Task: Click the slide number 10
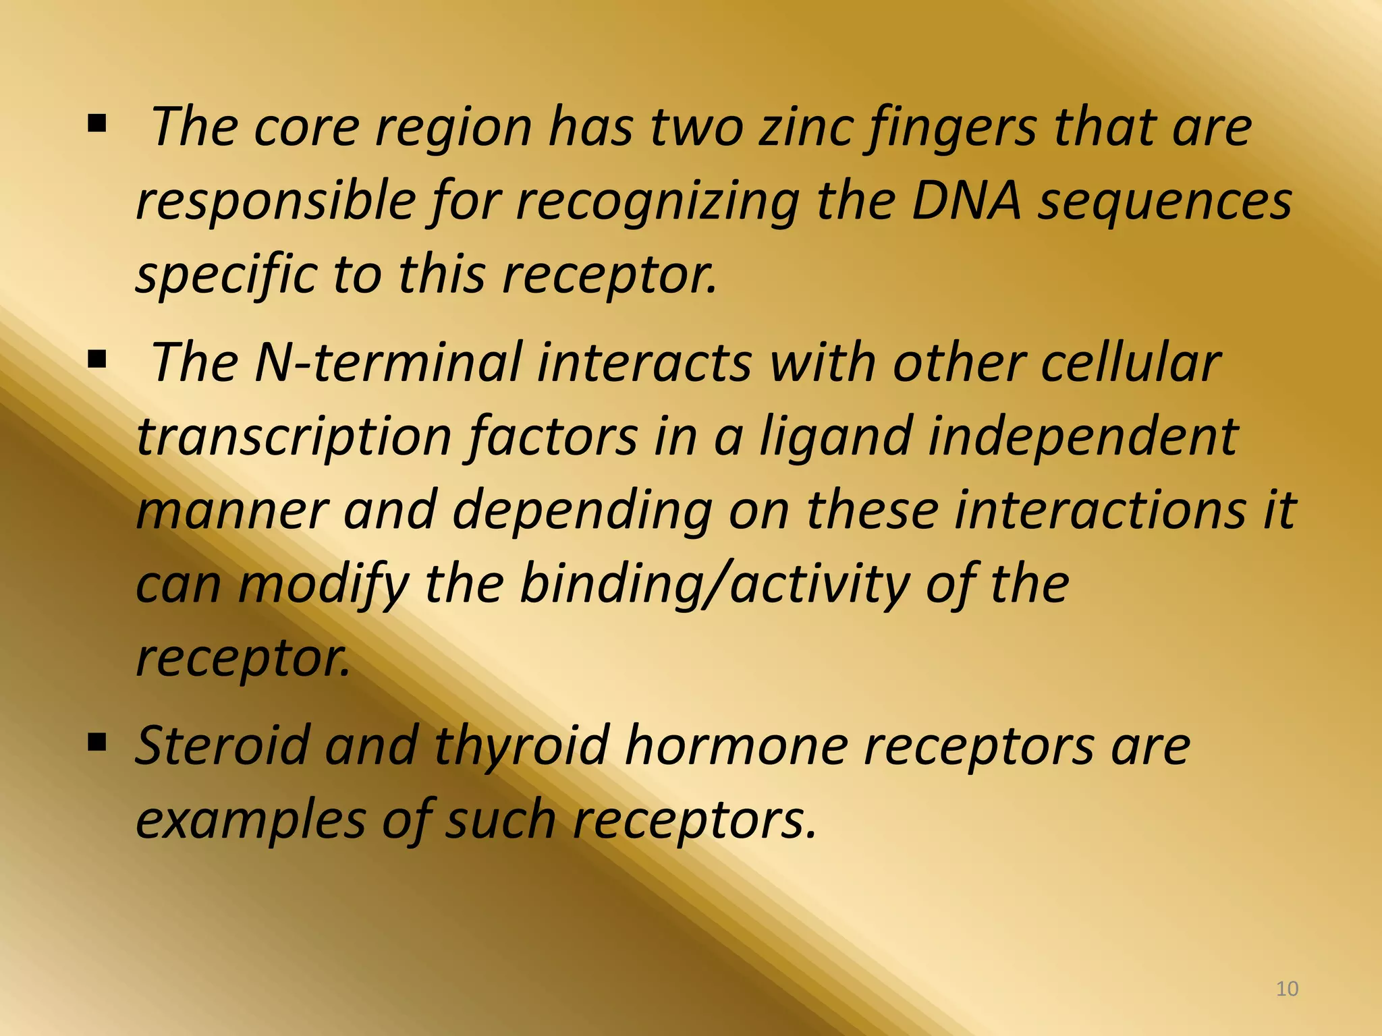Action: click(x=1288, y=989)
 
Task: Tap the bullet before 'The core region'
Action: click(x=97, y=123)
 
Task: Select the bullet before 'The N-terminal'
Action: click(x=97, y=360)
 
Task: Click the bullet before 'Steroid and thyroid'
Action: click(x=97, y=743)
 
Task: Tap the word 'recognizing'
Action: click(x=658, y=202)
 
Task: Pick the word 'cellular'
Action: click(x=1131, y=362)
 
